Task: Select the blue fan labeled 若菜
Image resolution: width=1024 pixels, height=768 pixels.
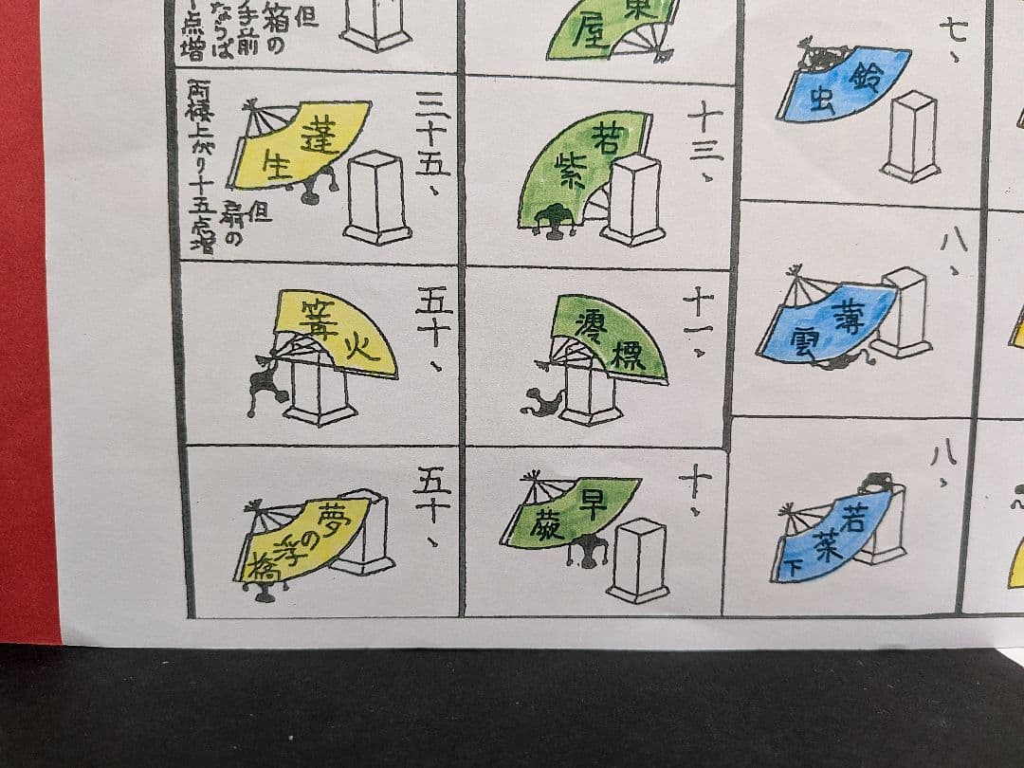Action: point(834,536)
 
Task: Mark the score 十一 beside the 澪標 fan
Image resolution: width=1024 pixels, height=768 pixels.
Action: point(700,322)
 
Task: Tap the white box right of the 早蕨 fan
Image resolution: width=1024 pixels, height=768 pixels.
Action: point(638,559)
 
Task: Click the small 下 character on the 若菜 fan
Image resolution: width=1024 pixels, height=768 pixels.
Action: point(793,569)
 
